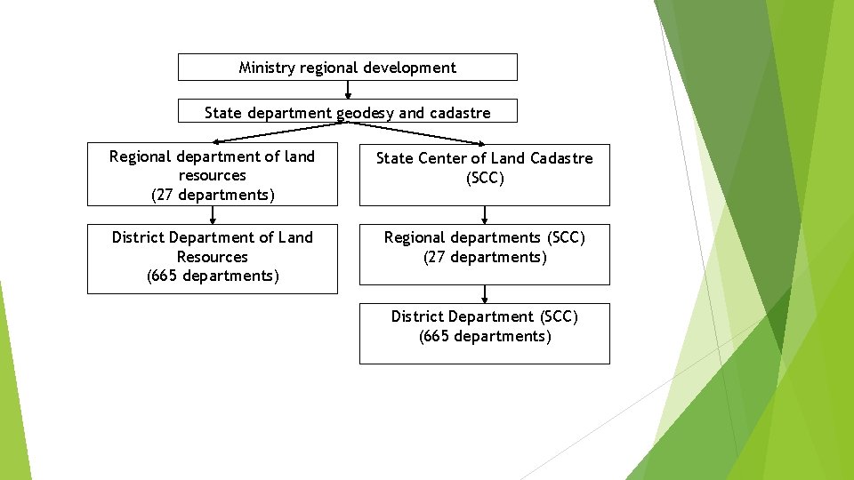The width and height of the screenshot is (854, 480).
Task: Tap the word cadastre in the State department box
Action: (459, 113)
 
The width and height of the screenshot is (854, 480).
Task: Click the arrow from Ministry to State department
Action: (348, 89)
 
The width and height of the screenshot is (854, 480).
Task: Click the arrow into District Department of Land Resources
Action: (213, 214)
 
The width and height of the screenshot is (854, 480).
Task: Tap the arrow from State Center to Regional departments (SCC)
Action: (485, 214)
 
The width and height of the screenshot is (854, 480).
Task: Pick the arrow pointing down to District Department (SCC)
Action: (485, 294)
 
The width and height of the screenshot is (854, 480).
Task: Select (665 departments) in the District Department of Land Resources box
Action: (213, 276)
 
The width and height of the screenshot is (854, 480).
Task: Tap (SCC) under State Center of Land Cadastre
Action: (485, 178)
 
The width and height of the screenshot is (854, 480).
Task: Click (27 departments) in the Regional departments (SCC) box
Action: (485, 257)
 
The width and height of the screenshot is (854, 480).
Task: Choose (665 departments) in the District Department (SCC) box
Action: (485, 336)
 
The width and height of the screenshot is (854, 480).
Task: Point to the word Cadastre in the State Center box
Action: (560, 158)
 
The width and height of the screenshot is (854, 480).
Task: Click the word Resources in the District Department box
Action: (213, 257)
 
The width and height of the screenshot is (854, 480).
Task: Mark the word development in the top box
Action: (415, 68)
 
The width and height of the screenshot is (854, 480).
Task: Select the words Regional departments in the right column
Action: (463, 237)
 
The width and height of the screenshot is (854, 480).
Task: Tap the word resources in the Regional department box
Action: (213, 176)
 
